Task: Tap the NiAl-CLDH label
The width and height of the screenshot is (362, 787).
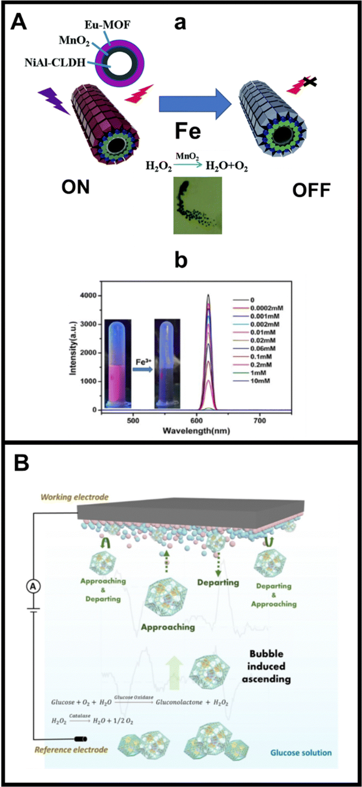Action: (x=55, y=62)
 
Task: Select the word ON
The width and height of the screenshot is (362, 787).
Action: (x=75, y=187)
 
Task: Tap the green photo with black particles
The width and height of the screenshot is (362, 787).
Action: (x=197, y=206)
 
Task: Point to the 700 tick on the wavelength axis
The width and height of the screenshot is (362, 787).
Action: (x=260, y=420)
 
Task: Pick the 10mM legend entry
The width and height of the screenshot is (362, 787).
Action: (x=260, y=380)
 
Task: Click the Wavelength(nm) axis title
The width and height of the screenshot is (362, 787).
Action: (x=196, y=431)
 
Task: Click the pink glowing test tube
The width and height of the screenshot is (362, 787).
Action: (x=118, y=364)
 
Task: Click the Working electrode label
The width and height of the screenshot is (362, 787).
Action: (x=75, y=497)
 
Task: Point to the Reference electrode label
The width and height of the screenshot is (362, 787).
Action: (x=71, y=750)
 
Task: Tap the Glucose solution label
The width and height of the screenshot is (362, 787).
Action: (x=301, y=752)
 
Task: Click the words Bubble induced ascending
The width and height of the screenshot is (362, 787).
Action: (x=266, y=666)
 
